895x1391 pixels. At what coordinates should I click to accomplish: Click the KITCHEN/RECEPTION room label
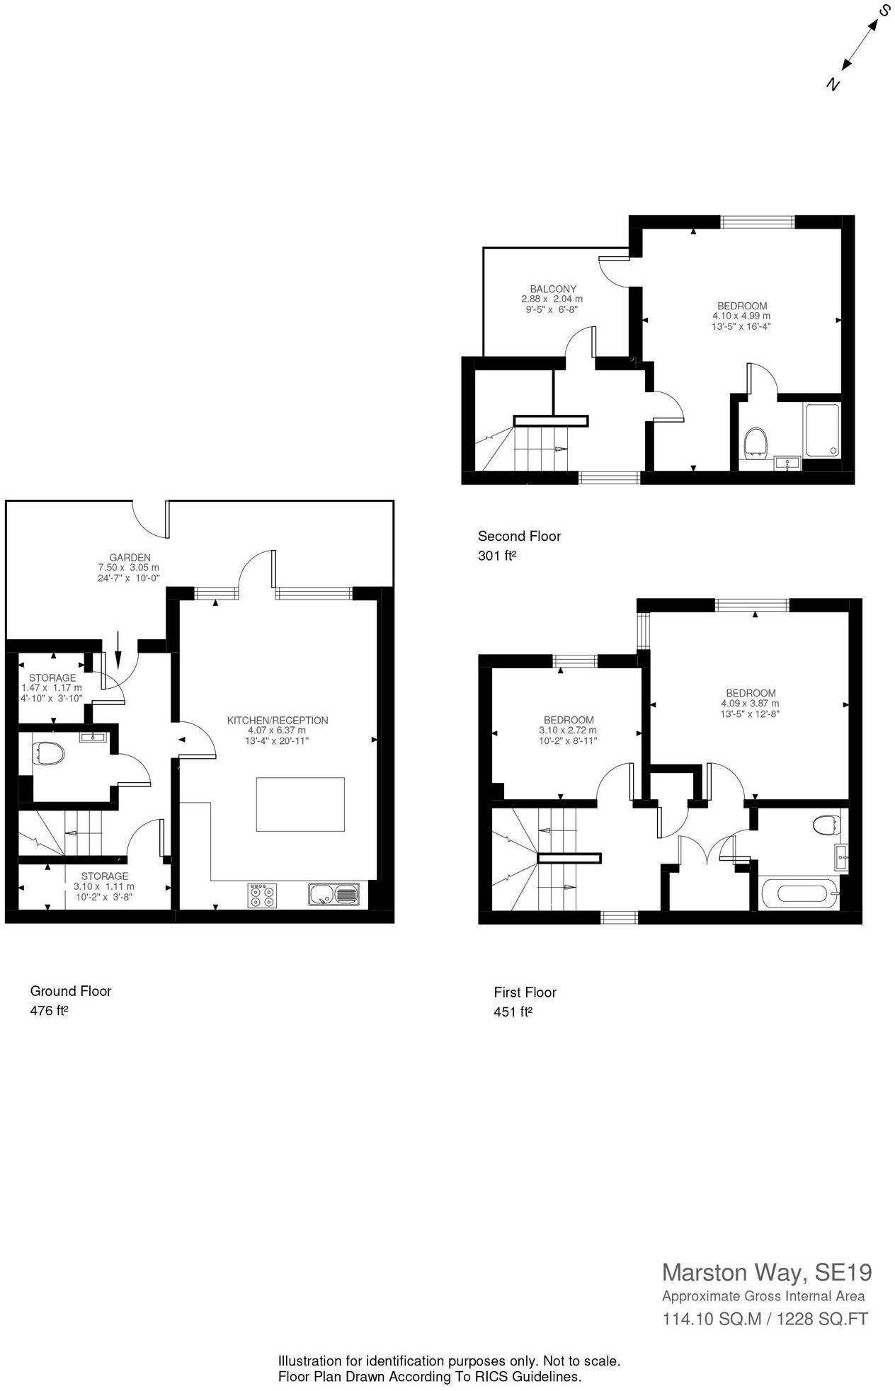click(277, 720)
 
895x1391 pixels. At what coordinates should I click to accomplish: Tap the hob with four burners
click(261, 895)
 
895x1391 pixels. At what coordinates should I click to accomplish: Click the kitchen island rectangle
click(300, 804)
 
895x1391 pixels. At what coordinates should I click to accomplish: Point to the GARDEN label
click(130, 557)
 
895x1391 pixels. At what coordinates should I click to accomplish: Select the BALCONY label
click(553, 289)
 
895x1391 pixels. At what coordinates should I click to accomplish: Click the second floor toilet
click(756, 441)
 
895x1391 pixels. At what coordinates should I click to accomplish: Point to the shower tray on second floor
click(821, 430)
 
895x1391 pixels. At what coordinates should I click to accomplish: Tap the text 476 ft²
click(49, 1011)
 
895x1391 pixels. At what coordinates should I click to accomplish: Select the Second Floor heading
click(519, 536)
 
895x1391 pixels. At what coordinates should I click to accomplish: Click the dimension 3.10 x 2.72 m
click(569, 731)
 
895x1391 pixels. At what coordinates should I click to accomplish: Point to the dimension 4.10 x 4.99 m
click(741, 316)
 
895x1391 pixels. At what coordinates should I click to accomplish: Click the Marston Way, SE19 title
click(766, 1272)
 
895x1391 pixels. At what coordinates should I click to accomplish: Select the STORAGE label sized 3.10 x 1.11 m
click(104, 876)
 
